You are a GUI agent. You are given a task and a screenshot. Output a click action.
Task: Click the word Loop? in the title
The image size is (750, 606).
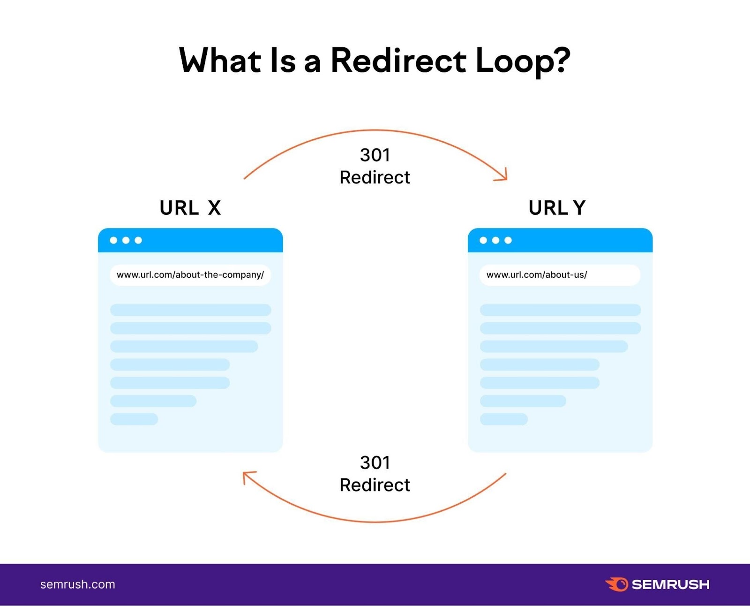pyautogui.click(x=523, y=61)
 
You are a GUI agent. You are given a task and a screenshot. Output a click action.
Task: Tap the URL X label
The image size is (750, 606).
pyautogui.click(x=190, y=208)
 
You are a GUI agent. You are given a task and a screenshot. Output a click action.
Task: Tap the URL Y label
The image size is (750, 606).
pyautogui.click(x=557, y=208)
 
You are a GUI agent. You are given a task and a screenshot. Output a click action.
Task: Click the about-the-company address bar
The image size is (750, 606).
pyautogui.click(x=190, y=275)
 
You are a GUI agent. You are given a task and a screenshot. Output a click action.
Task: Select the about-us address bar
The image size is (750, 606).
pyautogui.click(x=560, y=275)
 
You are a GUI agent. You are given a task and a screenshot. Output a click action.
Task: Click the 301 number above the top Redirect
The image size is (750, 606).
pyautogui.click(x=375, y=155)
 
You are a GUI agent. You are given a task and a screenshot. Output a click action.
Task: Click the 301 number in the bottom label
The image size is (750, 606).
pyautogui.click(x=375, y=463)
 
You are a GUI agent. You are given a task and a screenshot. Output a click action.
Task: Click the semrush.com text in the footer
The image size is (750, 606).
pyautogui.click(x=78, y=584)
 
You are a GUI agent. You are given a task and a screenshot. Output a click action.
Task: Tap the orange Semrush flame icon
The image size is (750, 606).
pyautogui.click(x=617, y=584)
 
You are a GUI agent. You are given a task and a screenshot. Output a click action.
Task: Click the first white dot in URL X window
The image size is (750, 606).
pyautogui.click(x=113, y=240)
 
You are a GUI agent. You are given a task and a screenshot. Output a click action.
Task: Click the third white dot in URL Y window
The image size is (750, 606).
pyautogui.click(x=508, y=240)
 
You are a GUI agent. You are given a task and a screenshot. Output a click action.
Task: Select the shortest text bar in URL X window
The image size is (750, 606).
pyautogui.click(x=134, y=419)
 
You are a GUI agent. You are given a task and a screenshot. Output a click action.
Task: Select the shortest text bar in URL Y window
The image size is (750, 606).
pyautogui.click(x=504, y=419)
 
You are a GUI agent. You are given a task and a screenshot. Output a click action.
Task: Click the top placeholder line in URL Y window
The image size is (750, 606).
pyautogui.click(x=560, y=310)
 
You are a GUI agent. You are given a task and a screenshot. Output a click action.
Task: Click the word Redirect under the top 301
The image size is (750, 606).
pyautogui.click(x=375, y=178)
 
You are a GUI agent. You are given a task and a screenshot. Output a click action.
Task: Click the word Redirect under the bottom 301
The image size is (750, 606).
pyautogui.click(x=375, y=485)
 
